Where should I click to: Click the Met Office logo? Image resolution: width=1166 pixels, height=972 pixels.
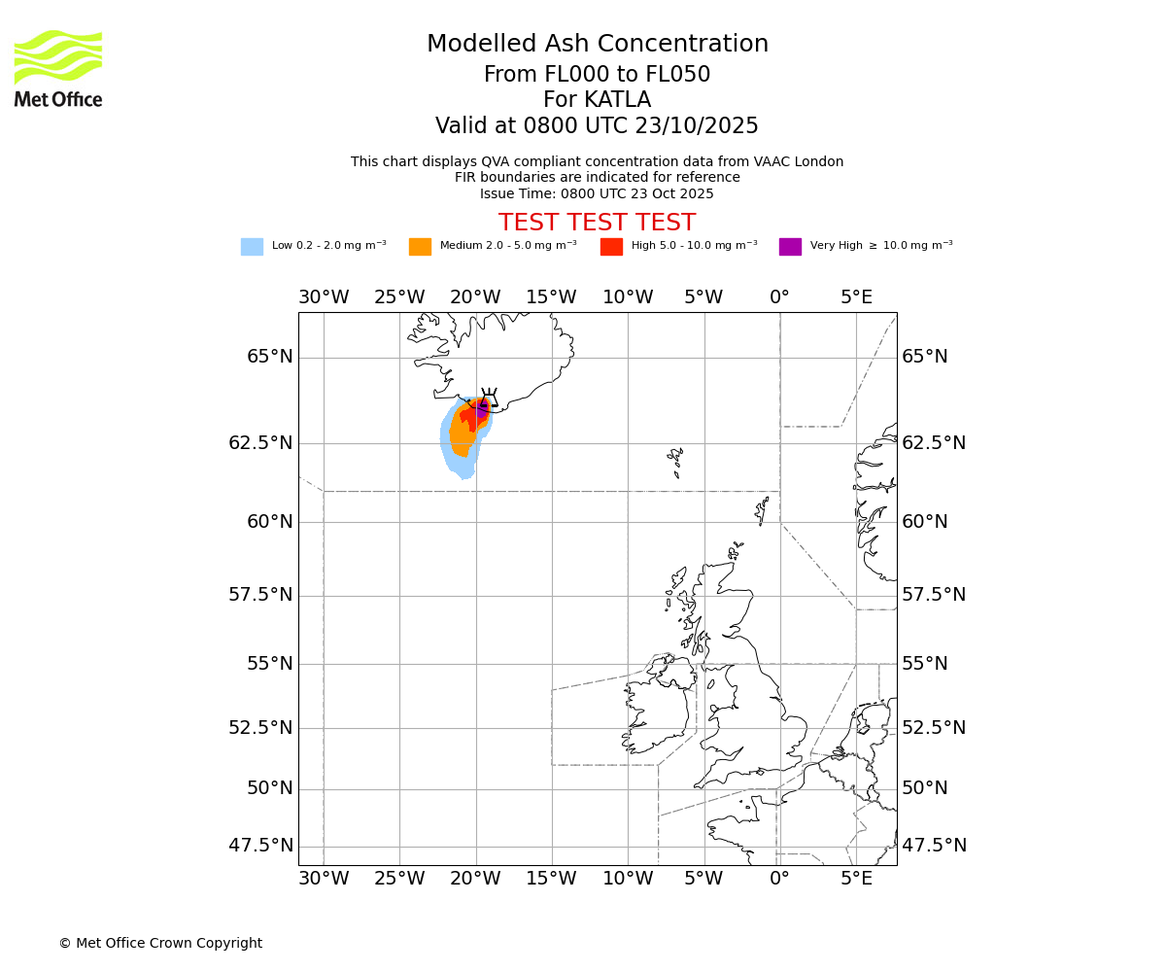pyautogui.click(x=58, y=68)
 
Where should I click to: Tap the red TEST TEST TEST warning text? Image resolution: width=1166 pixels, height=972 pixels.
pyautogui.click(x=597, y=223)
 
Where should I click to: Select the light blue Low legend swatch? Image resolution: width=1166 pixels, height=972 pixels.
pyautogui.click(x=252, y=247)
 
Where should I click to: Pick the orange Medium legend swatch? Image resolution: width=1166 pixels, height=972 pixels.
pyautogui.click(x=420, y=247)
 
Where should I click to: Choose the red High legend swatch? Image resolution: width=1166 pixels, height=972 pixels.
pyautogui.click(x=611, y=247)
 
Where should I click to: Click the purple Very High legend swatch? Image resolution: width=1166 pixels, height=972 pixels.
pyautogui.click(x=790, y=247)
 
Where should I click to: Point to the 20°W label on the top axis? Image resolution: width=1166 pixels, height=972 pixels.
pyautogui.click(x=475, y=296)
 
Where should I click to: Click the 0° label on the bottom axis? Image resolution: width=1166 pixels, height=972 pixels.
pyautogui.click(x=779, y=879)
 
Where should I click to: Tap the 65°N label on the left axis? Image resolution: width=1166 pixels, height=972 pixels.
pyautogui.click(x=269, y=357)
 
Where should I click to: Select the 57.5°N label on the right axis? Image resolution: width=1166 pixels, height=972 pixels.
pyautogui.click(x=934, y=595)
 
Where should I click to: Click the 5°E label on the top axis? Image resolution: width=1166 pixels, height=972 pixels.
pyautogui.click(x=856, y=296)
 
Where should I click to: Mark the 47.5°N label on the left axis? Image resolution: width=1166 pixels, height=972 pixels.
pyautogui.click(x=260, y=846)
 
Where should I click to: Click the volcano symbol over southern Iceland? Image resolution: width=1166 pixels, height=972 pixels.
pyautogui.click(x=489, y=399)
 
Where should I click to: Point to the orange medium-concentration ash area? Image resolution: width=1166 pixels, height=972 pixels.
pyautogui.click(x=462, y=437)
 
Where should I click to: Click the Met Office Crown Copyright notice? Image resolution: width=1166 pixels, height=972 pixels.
pyautogui.click(x=160, y=943)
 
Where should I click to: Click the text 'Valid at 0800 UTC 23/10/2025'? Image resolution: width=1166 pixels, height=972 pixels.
pyautogui.click(x=597, y=125)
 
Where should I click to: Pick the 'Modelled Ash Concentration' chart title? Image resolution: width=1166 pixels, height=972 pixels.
pyautogui.click(x=597, y=44)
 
